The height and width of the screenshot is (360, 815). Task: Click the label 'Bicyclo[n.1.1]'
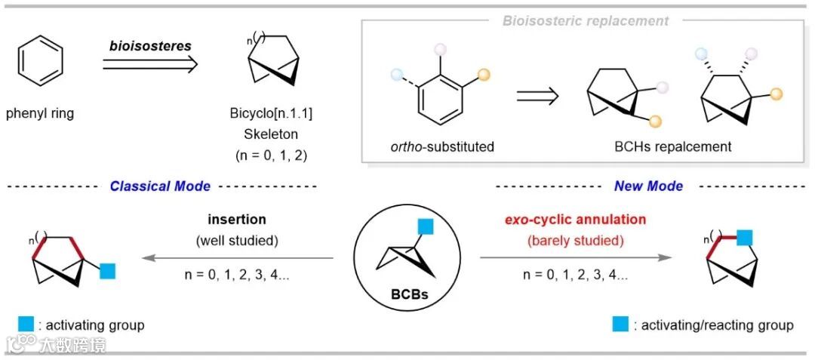tap(270, 114)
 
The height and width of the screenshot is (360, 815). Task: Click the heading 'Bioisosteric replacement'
tap(586, 21)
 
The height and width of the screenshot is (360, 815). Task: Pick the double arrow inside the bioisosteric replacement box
tap(537, 96)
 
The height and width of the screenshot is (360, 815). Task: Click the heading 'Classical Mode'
tap(160, 186)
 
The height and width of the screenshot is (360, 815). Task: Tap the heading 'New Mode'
tap(649, 186)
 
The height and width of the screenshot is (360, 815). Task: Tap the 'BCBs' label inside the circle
tap(407, 294)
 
